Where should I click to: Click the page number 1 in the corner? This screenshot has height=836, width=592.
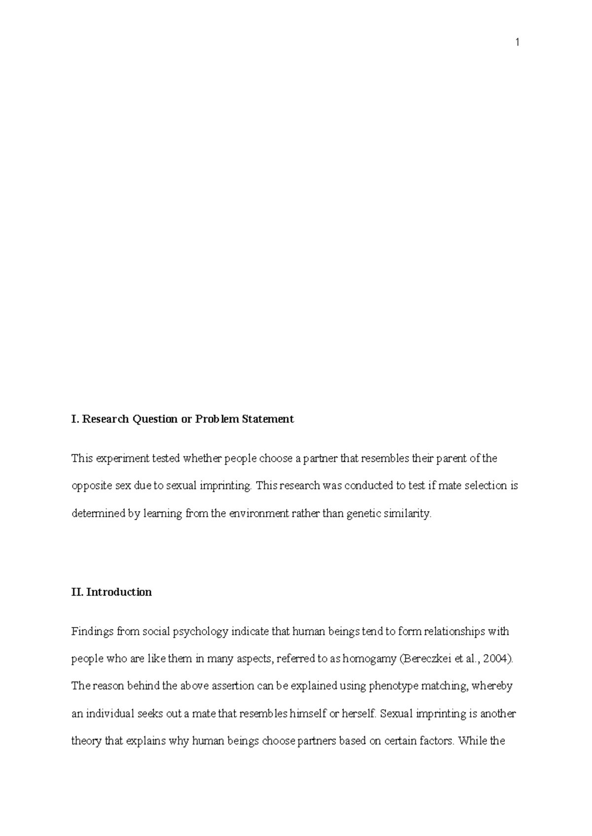point(517,43)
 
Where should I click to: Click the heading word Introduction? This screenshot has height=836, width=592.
point(119,592)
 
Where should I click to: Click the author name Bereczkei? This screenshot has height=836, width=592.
point(427,659)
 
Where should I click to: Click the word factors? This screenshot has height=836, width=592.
point(436,741)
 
